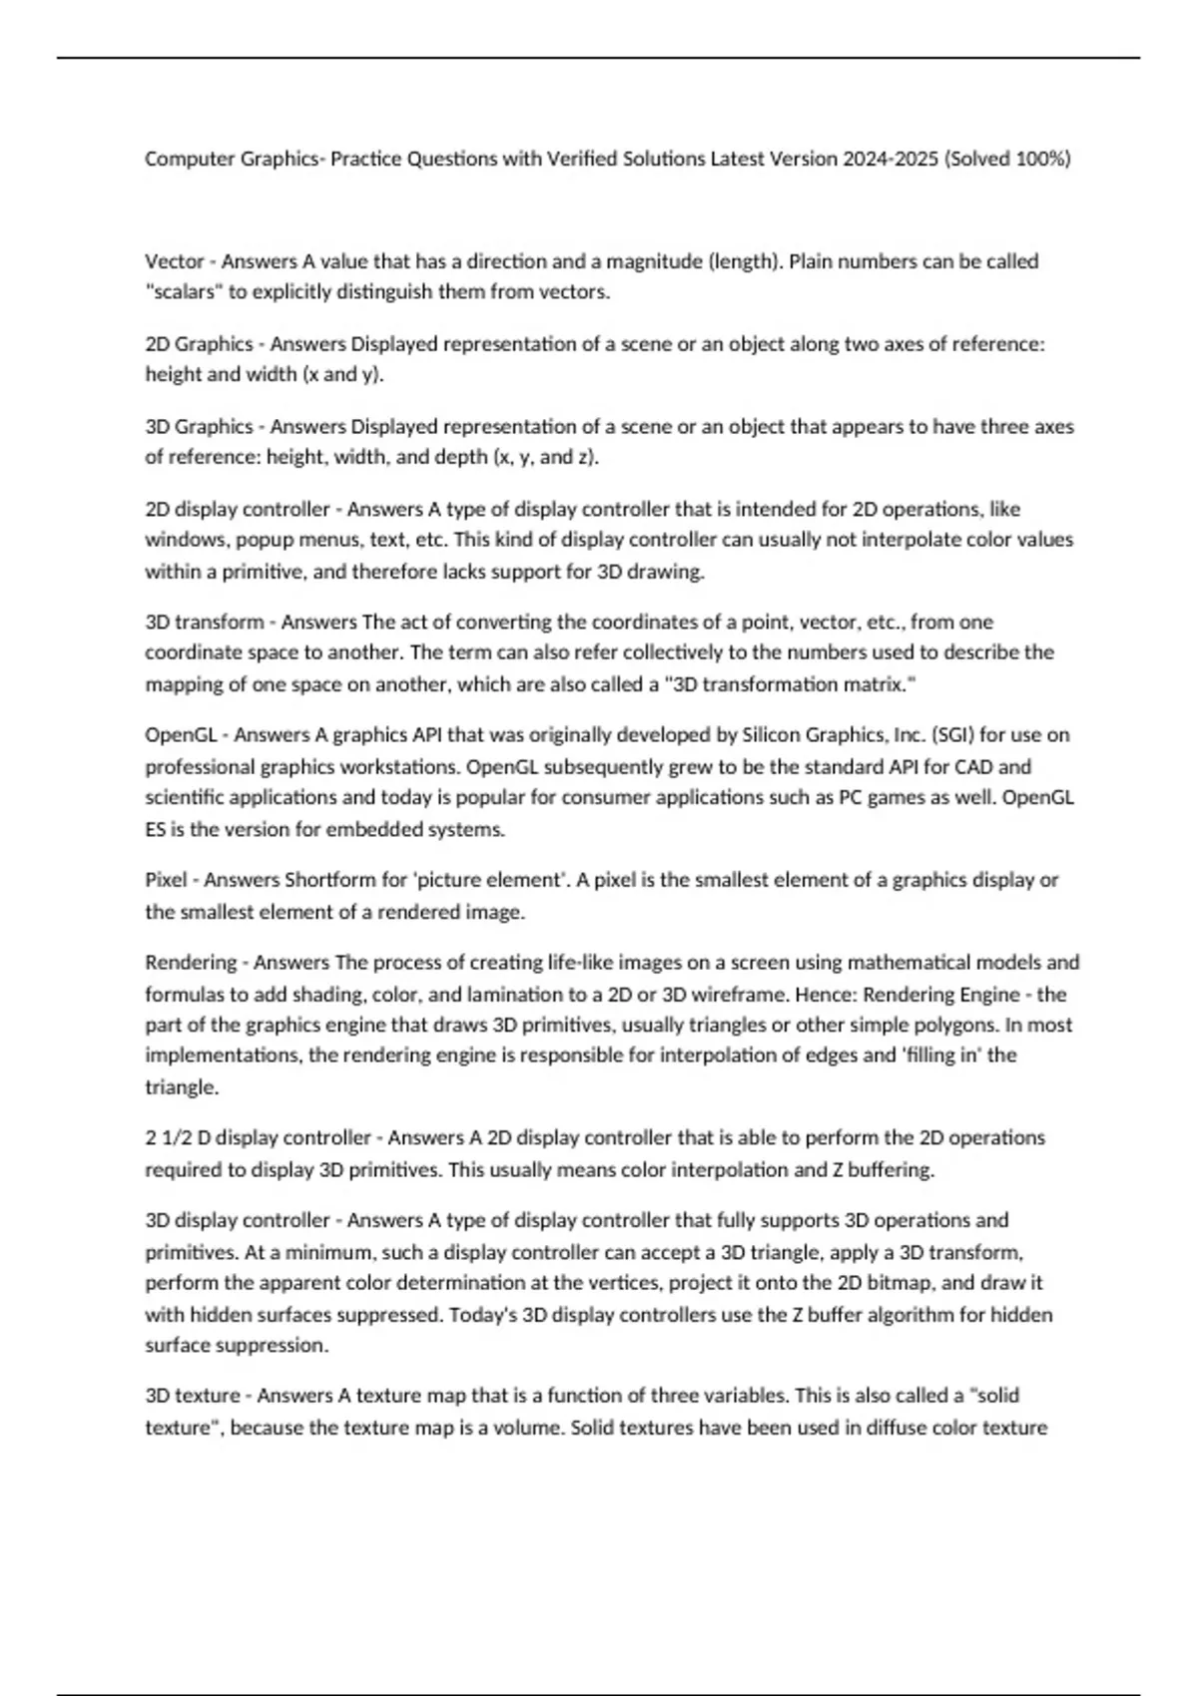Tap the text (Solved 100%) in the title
pyautogui.click(x=1006, y=159)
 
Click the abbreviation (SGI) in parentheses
pyautogui.click(x=952, y=735)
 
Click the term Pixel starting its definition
pyautogui.click(x=166, y=880)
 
